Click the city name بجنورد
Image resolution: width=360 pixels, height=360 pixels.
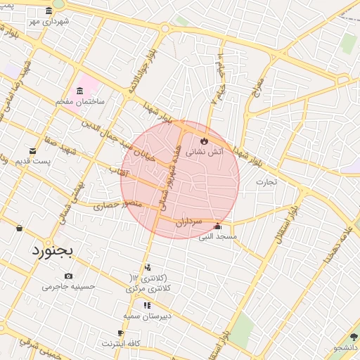[53, 251]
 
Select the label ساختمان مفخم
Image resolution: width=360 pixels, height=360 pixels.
[81, 102]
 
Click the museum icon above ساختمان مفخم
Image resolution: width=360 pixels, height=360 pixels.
[79, 91]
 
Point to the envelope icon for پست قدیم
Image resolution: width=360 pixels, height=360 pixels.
[32, 151]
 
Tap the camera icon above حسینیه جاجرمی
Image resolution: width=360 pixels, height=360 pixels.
[68, 276]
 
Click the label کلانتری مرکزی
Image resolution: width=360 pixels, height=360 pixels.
[146, 288]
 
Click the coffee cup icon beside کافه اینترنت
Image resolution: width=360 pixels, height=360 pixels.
[120, 334]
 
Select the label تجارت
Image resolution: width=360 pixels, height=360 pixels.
[266, 181]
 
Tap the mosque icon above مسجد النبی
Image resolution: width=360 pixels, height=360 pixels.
[217, 226]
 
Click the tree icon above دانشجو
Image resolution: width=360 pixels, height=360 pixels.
[354, 338]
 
